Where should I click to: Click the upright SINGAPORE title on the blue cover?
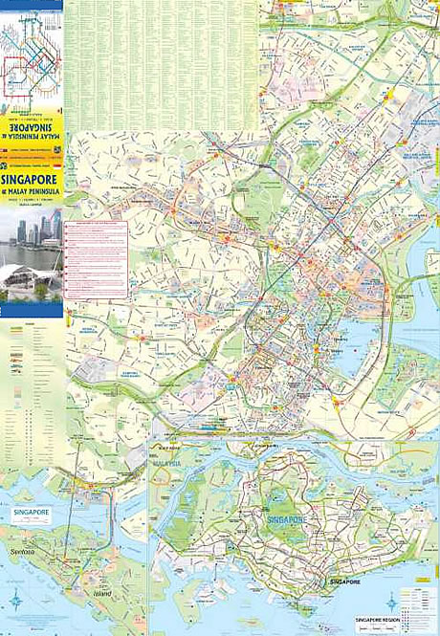tap(31, 179)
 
